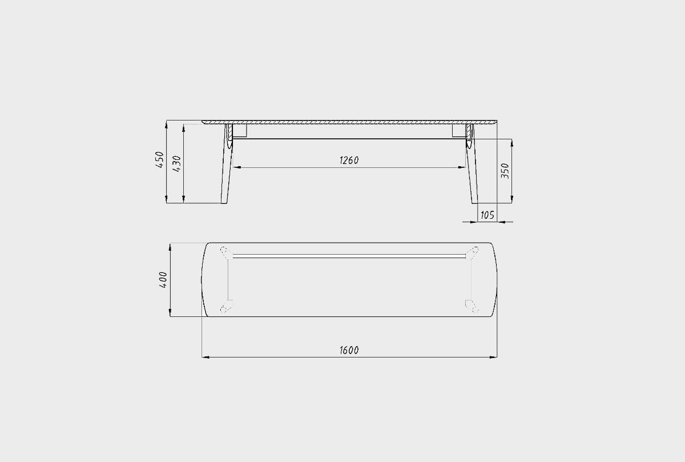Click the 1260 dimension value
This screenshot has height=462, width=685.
349,160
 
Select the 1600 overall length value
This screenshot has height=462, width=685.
349,350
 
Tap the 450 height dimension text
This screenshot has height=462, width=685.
160,159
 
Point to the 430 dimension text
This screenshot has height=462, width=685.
177,164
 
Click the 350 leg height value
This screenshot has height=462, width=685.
505,171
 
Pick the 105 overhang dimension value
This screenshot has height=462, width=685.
487,215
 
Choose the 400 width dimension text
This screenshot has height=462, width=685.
163,280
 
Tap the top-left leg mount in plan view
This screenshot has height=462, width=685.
227,253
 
